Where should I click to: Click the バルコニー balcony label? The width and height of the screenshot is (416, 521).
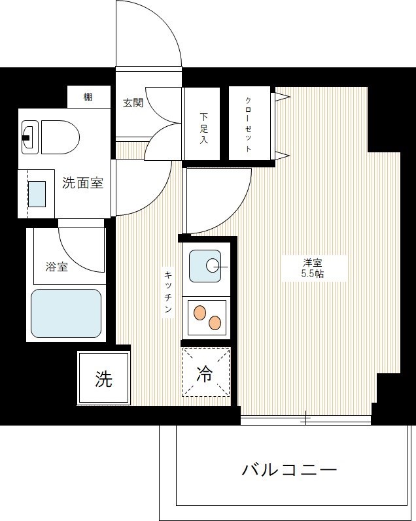click(289, 470)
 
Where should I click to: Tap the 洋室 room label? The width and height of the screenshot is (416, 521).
click(312, 263)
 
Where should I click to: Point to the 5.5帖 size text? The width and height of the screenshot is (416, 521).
click(312, 275)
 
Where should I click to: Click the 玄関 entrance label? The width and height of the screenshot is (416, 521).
click(133, 103)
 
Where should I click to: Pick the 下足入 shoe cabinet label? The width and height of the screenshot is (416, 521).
click(203, 127)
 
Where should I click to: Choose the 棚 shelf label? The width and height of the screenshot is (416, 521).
click(88, 97)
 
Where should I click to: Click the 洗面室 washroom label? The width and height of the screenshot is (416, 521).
click(82, 183)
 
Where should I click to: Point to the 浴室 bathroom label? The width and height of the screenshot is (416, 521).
click(57, 267)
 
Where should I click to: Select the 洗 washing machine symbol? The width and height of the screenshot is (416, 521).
click(103, 379)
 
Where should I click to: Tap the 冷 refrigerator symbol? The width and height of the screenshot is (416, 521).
click(205, 373)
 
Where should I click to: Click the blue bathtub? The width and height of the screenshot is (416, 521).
click(66, 312)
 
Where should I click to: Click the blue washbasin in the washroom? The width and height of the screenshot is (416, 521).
click(37, 194)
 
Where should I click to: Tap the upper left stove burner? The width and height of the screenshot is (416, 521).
click(200, 312)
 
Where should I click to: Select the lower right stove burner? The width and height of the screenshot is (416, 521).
click(215, 322)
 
